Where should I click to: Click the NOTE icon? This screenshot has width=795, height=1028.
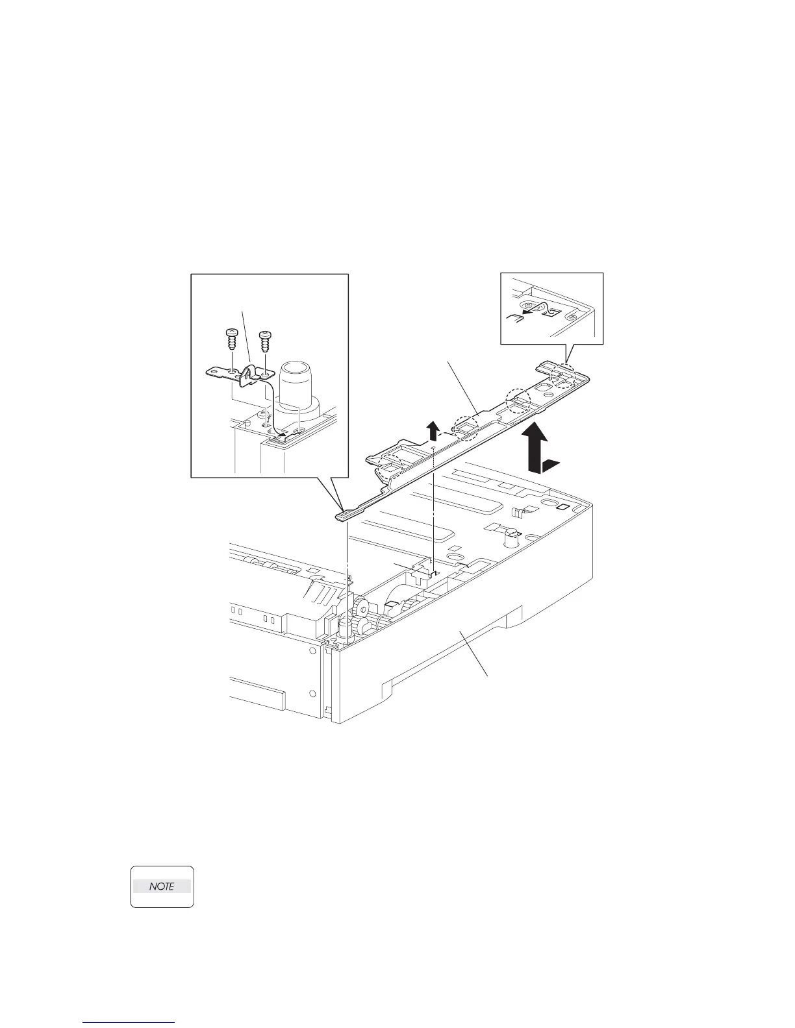click(162, 886)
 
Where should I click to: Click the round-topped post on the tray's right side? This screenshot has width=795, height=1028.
click(512, 534)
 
